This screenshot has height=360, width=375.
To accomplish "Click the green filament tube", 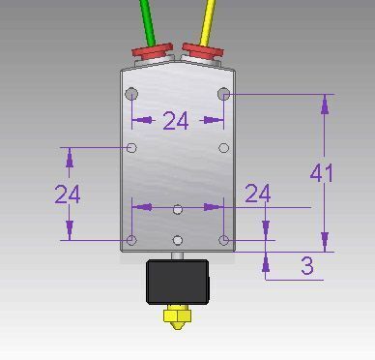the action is (x=148, y=22).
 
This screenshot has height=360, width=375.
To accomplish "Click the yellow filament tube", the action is (x=208, y=22).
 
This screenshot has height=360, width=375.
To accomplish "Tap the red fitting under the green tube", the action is (x=153, y=51).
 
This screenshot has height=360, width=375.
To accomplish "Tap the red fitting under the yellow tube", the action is (x=203, y=51).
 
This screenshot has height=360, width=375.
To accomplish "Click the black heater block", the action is (x=178, y=282).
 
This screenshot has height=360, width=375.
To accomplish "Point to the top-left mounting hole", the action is (x=131, y=94).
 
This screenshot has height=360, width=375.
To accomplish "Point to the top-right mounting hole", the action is (x=224, y=94).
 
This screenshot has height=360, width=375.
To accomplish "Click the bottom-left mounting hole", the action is (x=131, y=240).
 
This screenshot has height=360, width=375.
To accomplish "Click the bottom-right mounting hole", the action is (x=224, y=240).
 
